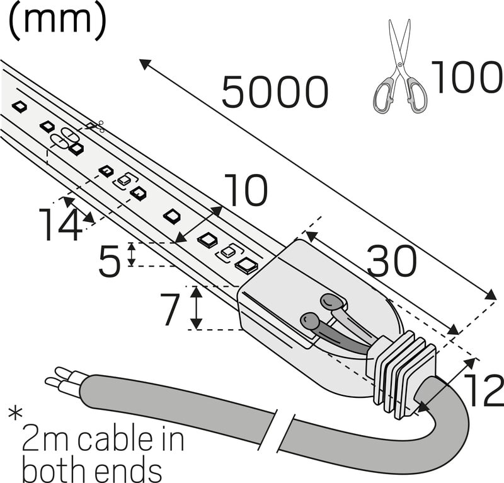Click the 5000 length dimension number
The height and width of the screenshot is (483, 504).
tap(275, 93)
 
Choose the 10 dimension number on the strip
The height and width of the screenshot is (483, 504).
tap(246, 192)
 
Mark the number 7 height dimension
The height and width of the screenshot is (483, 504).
tap(172, 310)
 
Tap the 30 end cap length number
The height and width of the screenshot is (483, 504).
tap(391, 262)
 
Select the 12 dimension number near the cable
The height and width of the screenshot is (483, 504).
tap(483, 391)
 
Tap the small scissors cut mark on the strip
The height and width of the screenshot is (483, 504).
tap(95, 127)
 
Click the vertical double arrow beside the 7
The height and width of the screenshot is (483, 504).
tap(197, 307)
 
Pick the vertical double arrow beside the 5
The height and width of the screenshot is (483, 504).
tap(131, 254)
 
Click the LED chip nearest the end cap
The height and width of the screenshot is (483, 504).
tap(246, 264)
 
